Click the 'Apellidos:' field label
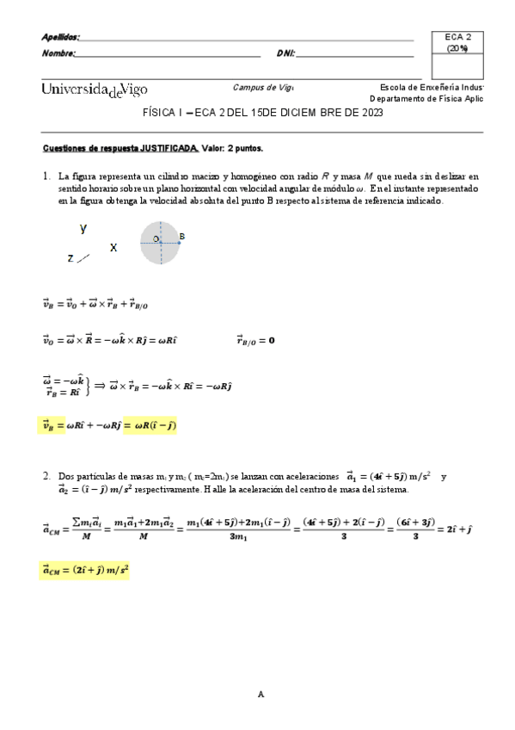pos(60,37)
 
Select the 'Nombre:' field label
pos(58,53)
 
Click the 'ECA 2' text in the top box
pos(457,37)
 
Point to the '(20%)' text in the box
pos(457,48)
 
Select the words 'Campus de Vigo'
pos(263,87)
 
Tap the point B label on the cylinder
pos(182,235)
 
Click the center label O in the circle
pos(155,238)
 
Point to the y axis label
pos(83,227)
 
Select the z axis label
pos(70,257)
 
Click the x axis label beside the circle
pos(113,247)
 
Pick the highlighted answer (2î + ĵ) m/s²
pos(84,570)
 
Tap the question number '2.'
pos(47,475)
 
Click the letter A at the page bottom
pos(261,694)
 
